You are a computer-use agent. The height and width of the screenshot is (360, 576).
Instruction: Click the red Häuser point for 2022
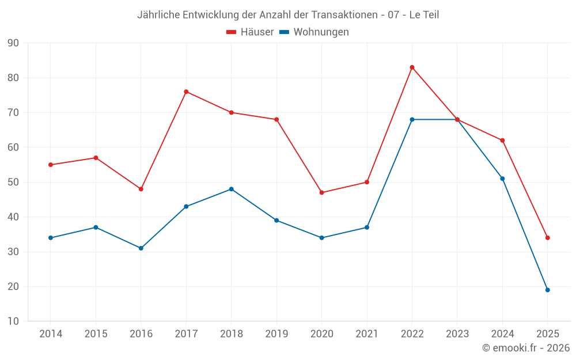[412, 67]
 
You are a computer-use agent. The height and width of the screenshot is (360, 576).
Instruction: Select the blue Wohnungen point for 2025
[548, 290]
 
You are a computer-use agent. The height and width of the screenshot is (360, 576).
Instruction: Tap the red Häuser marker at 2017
[186, 92]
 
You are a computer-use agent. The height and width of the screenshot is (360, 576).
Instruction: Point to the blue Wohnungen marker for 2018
[231, 189]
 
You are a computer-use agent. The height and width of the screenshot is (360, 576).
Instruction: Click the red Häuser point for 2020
[321, 192]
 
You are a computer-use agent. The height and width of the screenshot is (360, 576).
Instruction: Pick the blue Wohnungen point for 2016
[141, 248]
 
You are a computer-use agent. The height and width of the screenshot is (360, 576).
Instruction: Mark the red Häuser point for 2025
[548, 238]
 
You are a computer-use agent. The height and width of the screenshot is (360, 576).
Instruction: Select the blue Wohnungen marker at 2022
[412, 119]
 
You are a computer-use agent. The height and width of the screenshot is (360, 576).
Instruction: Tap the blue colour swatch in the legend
[284, 32]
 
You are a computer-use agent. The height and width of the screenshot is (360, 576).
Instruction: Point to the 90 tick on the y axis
[13, 43]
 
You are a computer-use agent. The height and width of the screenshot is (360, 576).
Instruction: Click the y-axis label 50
[13, 183]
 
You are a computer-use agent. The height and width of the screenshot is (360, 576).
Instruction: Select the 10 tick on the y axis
[13, 321]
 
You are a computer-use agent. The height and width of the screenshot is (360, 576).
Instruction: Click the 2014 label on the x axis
[51, 334]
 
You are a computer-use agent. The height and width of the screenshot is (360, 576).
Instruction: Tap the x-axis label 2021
[367, 334]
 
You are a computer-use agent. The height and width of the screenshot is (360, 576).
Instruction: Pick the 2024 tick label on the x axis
[502, 334]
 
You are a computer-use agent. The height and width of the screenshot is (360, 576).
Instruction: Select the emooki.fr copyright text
[526, 348]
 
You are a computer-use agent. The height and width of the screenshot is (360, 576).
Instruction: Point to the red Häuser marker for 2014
[51, 165]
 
